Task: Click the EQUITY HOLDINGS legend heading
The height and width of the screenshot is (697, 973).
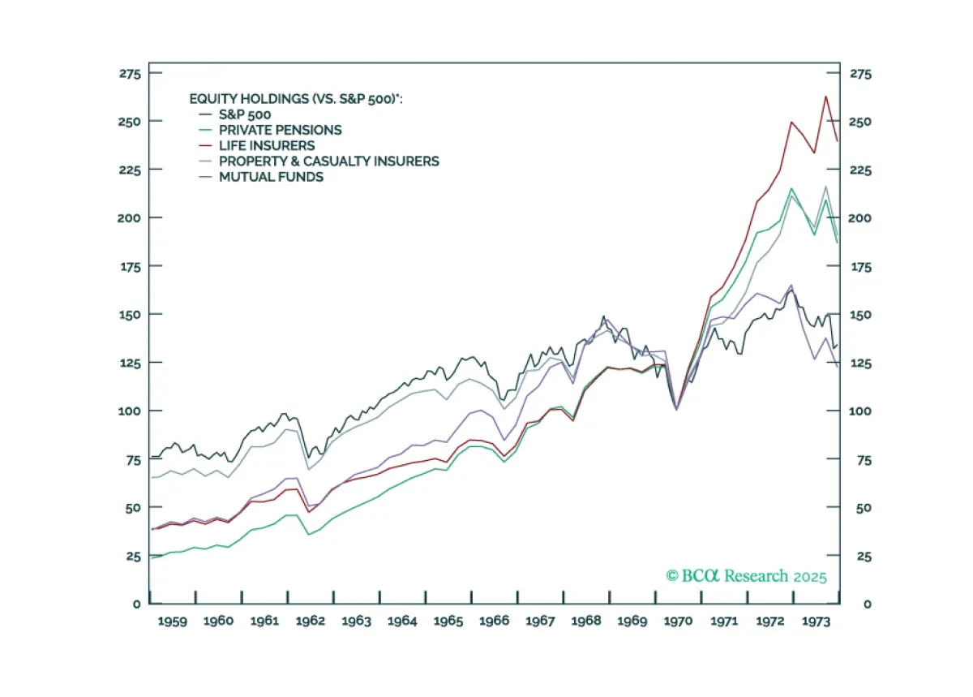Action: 296,99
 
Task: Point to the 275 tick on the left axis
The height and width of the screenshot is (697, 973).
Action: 131,74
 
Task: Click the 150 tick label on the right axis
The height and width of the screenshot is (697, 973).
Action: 860,314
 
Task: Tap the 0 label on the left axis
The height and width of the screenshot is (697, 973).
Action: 137,604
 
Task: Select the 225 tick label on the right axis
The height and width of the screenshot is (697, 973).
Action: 860,170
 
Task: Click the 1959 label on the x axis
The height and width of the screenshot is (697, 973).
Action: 173,621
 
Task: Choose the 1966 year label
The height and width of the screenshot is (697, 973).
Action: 494,621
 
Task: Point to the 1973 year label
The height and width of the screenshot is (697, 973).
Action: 816,621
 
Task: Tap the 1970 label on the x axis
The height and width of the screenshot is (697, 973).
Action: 678,621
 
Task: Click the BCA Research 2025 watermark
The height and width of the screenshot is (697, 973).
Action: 746,576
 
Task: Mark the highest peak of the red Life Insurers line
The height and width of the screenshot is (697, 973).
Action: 825,97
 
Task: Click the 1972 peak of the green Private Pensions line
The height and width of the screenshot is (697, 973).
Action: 791,189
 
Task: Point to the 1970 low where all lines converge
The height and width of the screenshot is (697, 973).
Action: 677,409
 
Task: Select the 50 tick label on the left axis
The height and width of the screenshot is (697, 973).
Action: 133,508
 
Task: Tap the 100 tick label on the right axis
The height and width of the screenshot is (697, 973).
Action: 860,411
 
